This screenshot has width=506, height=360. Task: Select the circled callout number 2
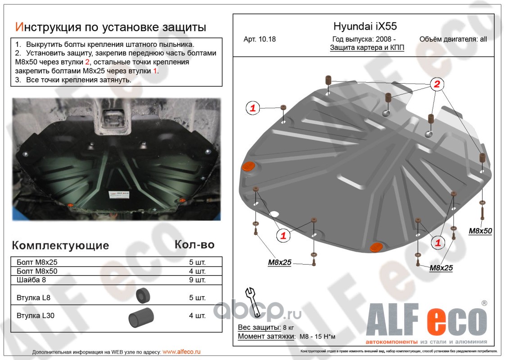(x=437, y=84)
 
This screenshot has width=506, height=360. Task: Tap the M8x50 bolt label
(x=480, y=231)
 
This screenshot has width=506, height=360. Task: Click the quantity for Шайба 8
(x=197, y=280)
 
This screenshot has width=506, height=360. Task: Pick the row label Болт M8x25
(x=37, y=262)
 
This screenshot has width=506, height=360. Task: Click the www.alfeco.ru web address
(x=181, y=351)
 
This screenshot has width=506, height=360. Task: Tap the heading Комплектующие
(x=60, y=245)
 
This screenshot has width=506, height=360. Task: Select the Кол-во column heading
(x=194, y=244)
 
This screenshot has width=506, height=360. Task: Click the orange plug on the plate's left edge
(x=248, y=166)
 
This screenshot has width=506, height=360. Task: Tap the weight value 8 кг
(x=289, y=327)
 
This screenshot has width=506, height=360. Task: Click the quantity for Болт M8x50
(x=197, y=271)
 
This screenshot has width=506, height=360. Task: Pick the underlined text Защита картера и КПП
(x=367, y=48)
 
